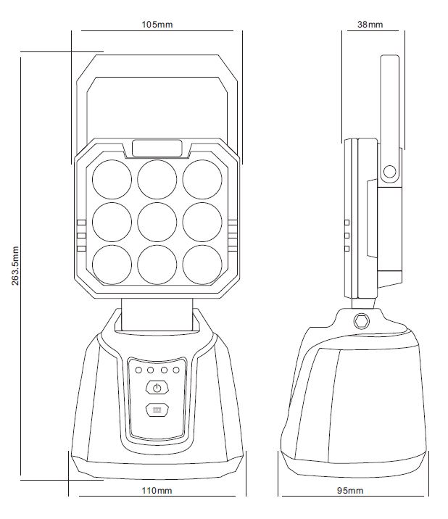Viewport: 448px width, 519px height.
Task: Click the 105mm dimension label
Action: click(x=157, y=25)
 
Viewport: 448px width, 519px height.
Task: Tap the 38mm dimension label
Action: click(x=370, y=25)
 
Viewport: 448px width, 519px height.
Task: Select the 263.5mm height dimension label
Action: click(x=15, y=265)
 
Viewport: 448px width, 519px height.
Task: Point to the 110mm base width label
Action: click(x=157, y=491)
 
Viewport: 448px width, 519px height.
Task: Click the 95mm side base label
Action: click(x=350, y=491)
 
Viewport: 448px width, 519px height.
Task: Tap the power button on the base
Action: click(x=157, y=388)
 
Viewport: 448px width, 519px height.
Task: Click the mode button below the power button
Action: click(x=157, y=410)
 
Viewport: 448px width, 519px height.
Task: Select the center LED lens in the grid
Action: click(x=157, y=222)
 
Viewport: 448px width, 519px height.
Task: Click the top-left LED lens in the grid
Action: click(x=112, y=179)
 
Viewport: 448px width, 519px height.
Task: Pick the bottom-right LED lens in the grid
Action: click(x=202, y=265)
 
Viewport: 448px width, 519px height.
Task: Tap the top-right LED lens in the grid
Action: click(x=202, y=179)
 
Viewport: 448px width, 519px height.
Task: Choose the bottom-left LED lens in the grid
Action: click(x=112, y=265)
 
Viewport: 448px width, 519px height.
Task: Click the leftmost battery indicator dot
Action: click(x=138, y=370)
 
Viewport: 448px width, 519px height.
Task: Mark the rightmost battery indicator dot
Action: click(x=176, y=370)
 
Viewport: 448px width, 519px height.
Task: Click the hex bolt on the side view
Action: click(x=361, y=320)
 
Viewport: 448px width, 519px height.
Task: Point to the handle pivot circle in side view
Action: click(x=389, y=172)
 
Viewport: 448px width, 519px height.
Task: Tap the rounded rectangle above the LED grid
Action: click(x=157, y=148)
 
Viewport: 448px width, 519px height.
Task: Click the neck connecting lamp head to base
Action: click(x=157, y=315)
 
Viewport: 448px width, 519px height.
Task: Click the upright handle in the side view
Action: click(x=390, y=119)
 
